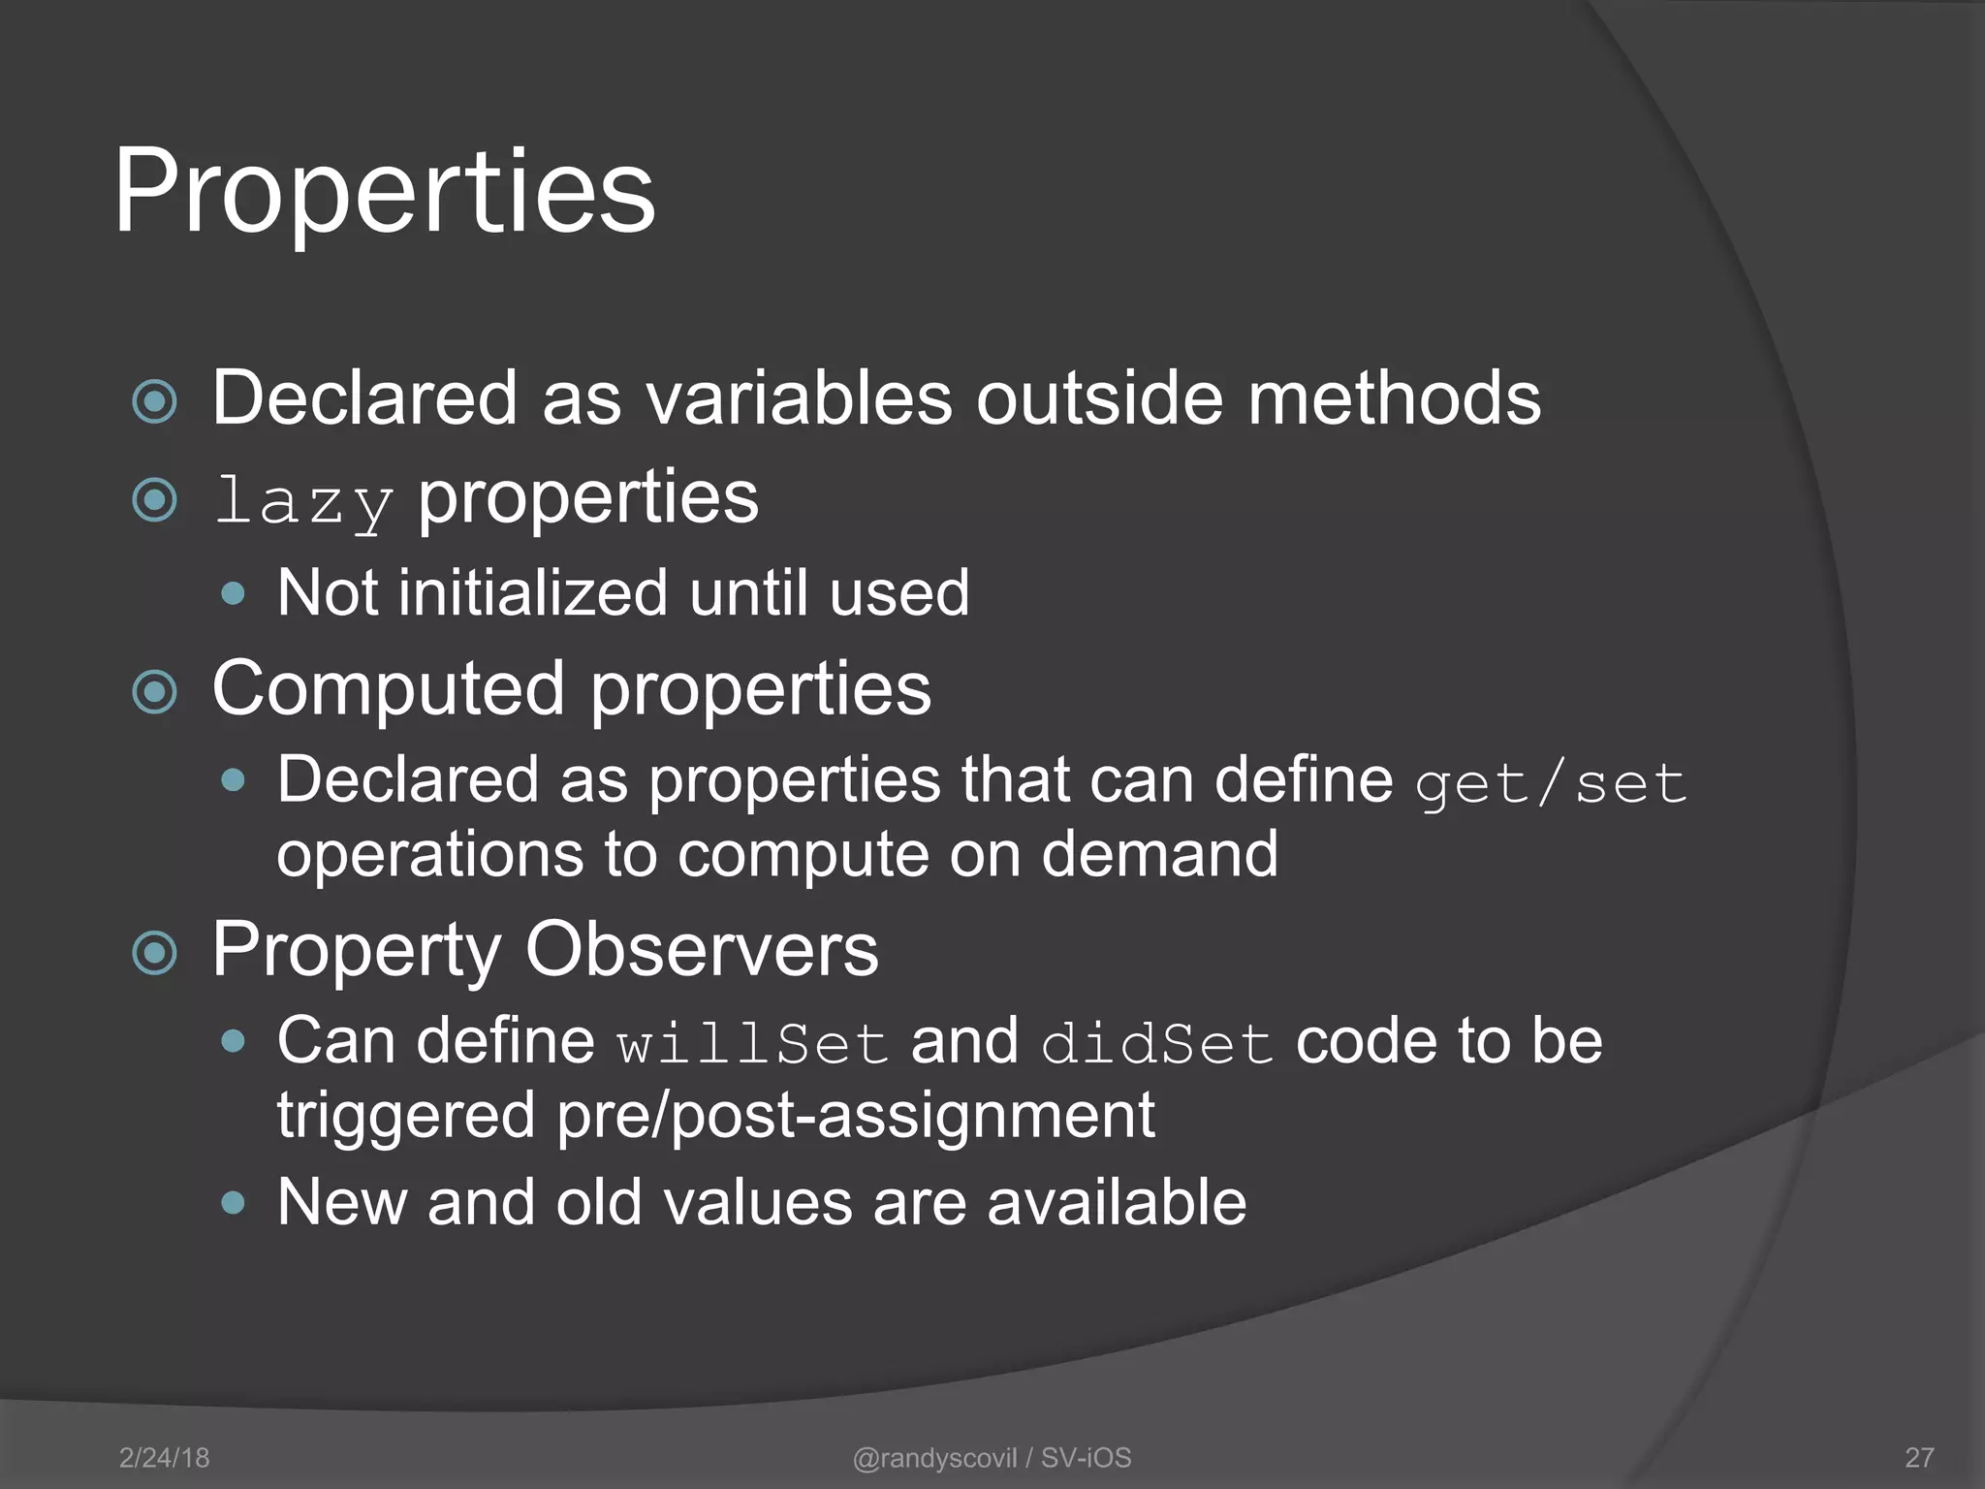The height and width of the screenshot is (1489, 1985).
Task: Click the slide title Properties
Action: (385, 191)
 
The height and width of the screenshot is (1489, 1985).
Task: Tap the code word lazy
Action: (303, 501)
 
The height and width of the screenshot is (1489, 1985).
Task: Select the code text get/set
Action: (1551, 783)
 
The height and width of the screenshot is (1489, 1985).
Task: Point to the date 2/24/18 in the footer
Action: (164, 1457)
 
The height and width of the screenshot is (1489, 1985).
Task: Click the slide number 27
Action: (1919, 1457)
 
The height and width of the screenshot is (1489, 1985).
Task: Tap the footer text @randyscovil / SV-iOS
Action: (992, 1457)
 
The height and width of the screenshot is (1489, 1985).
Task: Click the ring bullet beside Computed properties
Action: (155, 692)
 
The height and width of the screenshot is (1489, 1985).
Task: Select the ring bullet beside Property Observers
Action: (155, 953)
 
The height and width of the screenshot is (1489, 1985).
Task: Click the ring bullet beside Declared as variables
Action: (155, 401)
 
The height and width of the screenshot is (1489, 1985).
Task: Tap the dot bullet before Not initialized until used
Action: (233, 593)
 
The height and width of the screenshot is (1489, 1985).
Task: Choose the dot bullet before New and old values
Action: (233, 1203)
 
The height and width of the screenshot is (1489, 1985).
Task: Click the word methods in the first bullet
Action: (1394, 397)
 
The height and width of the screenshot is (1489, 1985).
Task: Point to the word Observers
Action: (702, 950)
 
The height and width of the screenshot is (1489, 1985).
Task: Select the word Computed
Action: (389, 688)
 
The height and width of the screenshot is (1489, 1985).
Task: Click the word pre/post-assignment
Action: (856, 1115)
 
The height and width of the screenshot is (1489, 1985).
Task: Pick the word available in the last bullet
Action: (1117, 1202)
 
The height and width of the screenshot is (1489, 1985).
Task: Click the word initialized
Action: (532, 592)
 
